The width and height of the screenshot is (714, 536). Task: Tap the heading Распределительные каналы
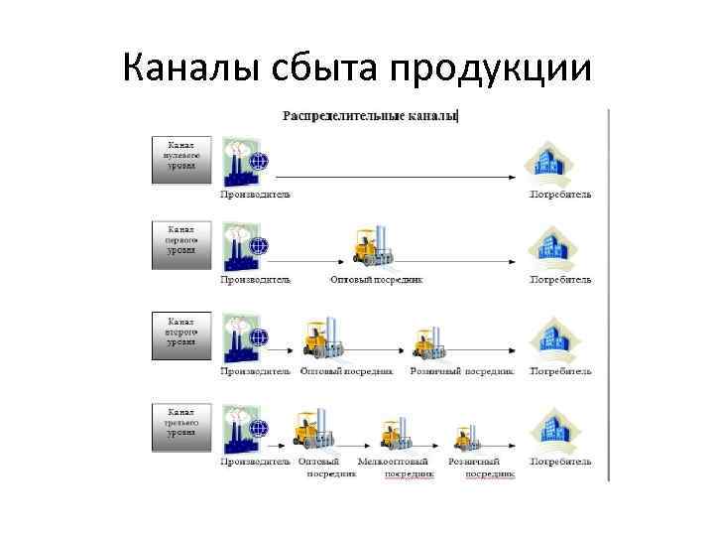pos(370,116)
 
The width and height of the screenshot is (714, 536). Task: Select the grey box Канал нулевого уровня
pos(181,159)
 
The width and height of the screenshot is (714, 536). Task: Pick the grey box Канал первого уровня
pos(181,244)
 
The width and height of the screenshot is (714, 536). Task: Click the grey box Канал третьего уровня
pos(181,425)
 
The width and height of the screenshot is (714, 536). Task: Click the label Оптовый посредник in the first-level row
pos(376,280)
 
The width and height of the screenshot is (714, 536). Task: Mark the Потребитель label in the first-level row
pos(560,280)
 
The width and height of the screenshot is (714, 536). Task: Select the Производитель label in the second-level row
pos(255,371)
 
